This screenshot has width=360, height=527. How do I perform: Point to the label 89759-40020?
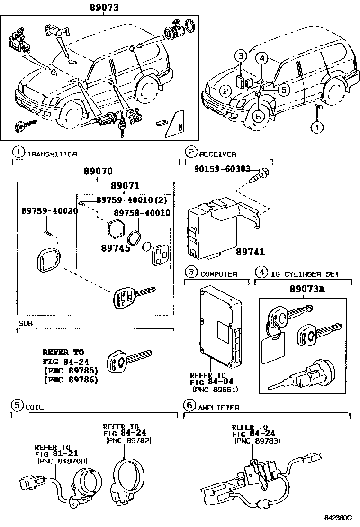tap(49, 211)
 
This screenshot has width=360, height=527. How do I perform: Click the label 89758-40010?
tap(141, 213)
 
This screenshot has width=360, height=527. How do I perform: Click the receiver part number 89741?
tap(251, 253)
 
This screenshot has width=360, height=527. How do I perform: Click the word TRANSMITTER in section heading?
tap(52, 154)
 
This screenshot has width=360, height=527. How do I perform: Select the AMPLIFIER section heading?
tap(219, 407)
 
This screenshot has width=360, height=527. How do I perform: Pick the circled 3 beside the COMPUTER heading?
tap(190, 272)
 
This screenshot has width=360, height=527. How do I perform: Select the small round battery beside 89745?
tap(146, 246)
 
